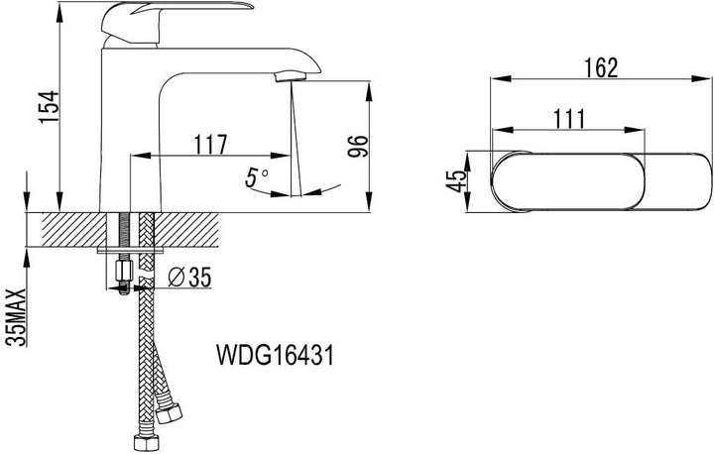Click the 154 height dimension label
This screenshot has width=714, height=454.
pyautogui.click(x=50, y=106)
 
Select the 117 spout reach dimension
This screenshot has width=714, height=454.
pyautogui.click(x=210, y=145)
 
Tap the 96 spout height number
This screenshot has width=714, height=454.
pyautogui.click(x=358, y=146)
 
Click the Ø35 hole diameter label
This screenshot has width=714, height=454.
pyautogui.click(x=189, y=278)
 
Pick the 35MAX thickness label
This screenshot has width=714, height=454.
pyautogui.click(x=17, y=317)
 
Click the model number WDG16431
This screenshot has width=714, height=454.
pyautogui.click(x=275, y=355)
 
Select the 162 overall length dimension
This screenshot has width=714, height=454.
pyautogui.click(x=601, y=67)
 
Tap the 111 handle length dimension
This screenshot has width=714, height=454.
pyautogui.click(x=569, y=119)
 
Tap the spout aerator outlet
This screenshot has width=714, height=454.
pyautogui.click(x=291, y=76)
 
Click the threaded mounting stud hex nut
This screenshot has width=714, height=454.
pyautogui.click(x=124, y=271)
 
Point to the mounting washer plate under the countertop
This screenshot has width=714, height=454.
pyautogui.click(x=130, y=251)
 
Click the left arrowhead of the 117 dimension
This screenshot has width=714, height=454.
pyautogui.click(x=140, y=156)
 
